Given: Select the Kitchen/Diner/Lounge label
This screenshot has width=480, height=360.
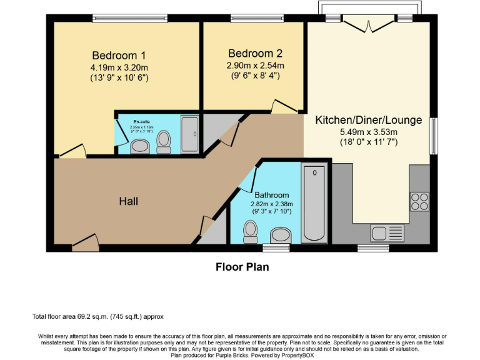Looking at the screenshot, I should pyautogui.click(x=368, y=120).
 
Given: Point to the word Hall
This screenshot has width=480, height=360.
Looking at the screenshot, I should pyautogui.click(x=128, y=201).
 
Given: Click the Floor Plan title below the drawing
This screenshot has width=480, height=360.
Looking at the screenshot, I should pyautogui.click(x=242, y=267).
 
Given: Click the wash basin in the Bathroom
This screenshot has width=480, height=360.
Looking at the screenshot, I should pyautogui.click(x=281, y=236).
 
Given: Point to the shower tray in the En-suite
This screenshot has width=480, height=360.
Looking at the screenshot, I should pyautogui.click(x=190, y=133).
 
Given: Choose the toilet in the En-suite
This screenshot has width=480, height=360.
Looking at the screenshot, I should pyautogui.click(x=164, y=141).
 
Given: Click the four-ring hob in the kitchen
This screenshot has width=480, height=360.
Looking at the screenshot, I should pyautogui.click(x=419, y=201).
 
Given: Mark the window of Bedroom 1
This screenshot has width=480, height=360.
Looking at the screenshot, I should pyautogui.click(x=130, y=18).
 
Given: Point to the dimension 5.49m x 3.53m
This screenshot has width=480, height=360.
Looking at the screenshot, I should pyautogui.click(x=368, y=132).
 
